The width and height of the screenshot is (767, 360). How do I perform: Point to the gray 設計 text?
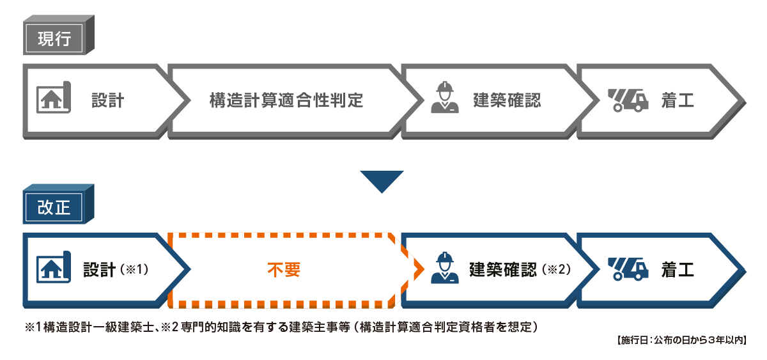(x=107, y=100)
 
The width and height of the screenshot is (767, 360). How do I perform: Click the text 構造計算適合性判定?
(x=286, y=100)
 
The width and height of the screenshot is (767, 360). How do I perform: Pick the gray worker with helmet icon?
(x=445, y=98)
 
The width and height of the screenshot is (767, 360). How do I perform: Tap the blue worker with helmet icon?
(x=445, y=268)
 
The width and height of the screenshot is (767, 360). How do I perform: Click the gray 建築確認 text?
(x=507, y=100)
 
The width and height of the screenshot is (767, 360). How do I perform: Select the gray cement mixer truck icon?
(x=626, y=99)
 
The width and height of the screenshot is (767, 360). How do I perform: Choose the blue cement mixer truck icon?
(x=626, y=269)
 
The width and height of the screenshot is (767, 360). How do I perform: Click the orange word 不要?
(x=283, y=270)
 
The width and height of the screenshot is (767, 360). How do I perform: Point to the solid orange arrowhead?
(x=419, y=269)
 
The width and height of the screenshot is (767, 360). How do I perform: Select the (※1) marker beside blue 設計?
(x=135, y=270)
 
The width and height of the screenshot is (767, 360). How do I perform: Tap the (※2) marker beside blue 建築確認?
(x=555, y=270)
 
